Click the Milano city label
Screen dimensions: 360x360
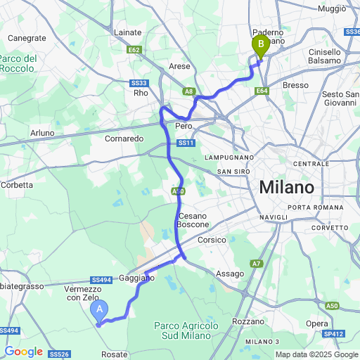coord(287,188)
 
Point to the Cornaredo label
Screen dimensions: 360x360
coord(125,139)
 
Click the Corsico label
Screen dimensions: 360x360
coord(212,240)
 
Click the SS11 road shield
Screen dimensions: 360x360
coord(185,143)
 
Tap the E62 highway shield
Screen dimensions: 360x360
coord(136,51)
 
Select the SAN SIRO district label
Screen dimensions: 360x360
coord(234,172)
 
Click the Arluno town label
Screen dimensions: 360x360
coord(42,133)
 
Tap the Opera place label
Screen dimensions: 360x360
coord(316,323)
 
